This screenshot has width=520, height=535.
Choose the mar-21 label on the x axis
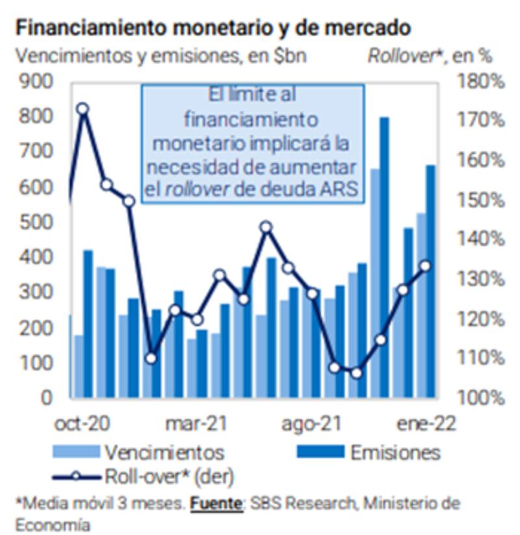(196, 424)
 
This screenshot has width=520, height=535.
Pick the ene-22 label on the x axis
(426, 424)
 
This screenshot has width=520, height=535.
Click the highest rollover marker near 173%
(83, 109)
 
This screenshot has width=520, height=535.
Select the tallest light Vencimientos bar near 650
(375, 283)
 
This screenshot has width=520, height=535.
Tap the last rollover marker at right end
(426, 266)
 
